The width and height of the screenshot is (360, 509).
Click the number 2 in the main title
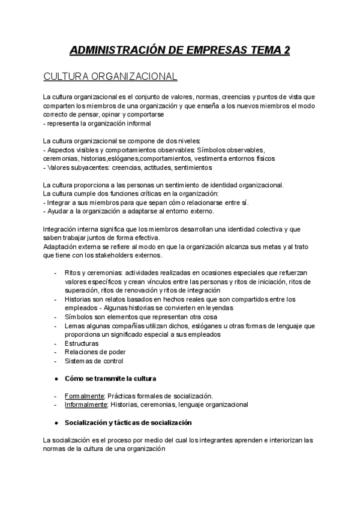click(286, 50)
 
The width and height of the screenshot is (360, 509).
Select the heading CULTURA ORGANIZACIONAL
click(110, 77)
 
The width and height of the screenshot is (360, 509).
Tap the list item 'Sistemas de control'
click(94, 361)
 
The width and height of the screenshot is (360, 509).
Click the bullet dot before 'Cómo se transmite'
click(56, 379)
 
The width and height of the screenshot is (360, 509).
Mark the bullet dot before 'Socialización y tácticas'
click(56, 422)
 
